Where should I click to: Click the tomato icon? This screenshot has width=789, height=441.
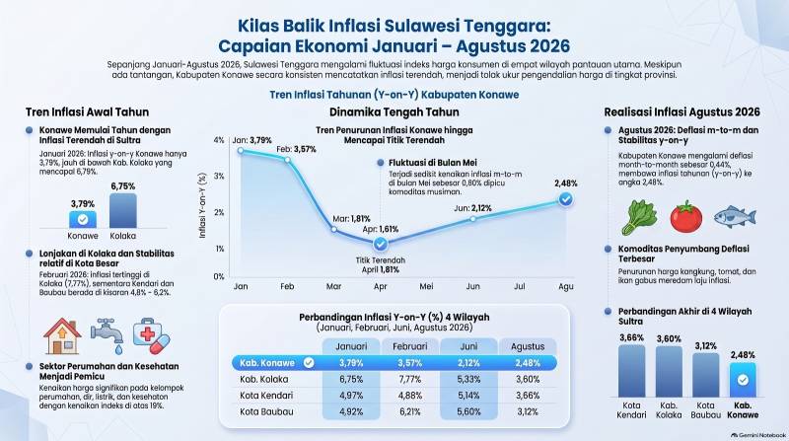click(x=685, y=216)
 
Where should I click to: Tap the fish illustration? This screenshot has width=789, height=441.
click(x=735, y=216)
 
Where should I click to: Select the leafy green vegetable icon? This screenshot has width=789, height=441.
click(x=639, y=217)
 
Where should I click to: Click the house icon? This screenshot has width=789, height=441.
click(x=62, y=335)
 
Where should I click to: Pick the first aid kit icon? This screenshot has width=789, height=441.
click(x=151, y=335)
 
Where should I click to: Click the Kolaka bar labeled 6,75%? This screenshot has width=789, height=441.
click(x=122, y=210)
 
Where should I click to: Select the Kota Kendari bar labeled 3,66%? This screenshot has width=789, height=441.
click(x=631, y=371)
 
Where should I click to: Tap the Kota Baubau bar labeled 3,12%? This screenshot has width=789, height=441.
click(x=705, y=375)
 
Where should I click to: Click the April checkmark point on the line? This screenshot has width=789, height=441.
click(x=381, y=244)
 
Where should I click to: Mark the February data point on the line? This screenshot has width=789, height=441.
click(x=287, y=160)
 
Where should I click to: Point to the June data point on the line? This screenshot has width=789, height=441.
click(x=473, y=219)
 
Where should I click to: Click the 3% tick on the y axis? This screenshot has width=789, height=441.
click(x=219, y=177)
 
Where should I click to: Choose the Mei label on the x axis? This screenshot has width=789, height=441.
click(x=426, y=286)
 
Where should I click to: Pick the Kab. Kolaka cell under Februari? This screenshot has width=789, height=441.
click(x=409, y=379)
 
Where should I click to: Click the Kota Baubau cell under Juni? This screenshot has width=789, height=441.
click(x=468, y=411)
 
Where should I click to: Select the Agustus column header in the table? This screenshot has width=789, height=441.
click(x=528, y=346)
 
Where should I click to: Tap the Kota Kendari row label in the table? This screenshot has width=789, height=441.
click(x=266, y=396)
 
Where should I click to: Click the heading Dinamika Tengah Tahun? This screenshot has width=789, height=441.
click(x=394, y=111)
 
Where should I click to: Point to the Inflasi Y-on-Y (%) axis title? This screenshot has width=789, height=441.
click(x=202, y=205)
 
